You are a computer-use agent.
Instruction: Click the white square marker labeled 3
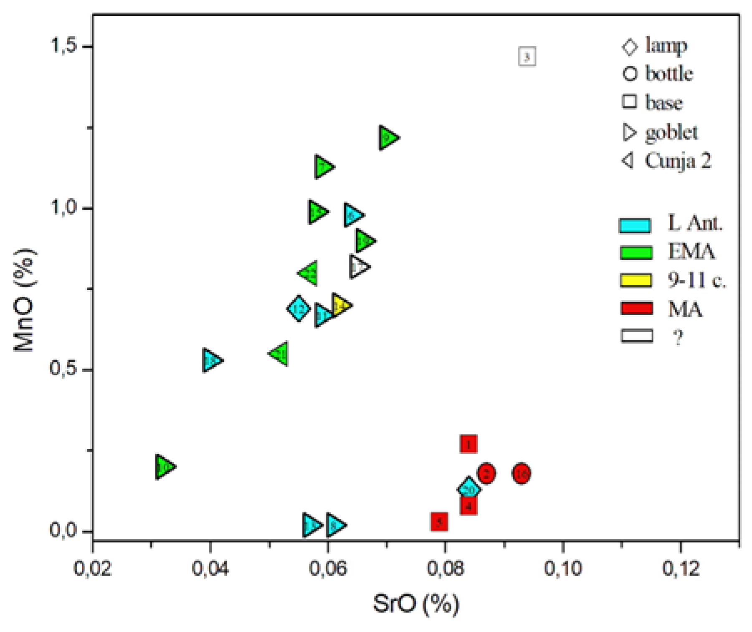click(527, 56)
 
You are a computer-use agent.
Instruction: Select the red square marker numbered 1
click(468, 444)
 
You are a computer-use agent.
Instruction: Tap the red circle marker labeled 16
click(521, 474)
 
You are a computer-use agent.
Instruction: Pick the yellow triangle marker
click(340, 306)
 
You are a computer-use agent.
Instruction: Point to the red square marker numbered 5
click(439, 521)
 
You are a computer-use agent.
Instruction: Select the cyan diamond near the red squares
click(468, 488)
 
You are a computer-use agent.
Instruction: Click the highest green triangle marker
click(387, 137)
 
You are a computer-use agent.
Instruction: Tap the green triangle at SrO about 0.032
click(164, 466)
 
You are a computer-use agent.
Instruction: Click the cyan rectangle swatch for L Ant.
click(635, 225)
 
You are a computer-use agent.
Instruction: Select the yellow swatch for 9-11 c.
click(636, 280)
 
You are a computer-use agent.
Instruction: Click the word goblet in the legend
click(671, 133)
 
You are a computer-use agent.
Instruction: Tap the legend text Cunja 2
click(677, 161)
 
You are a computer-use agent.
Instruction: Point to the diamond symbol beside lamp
click(630, 46)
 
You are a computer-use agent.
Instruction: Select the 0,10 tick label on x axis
click(562, 569)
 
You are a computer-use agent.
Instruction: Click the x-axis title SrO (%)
click(415, 604)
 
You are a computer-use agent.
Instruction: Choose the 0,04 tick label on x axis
click(210, 569)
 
